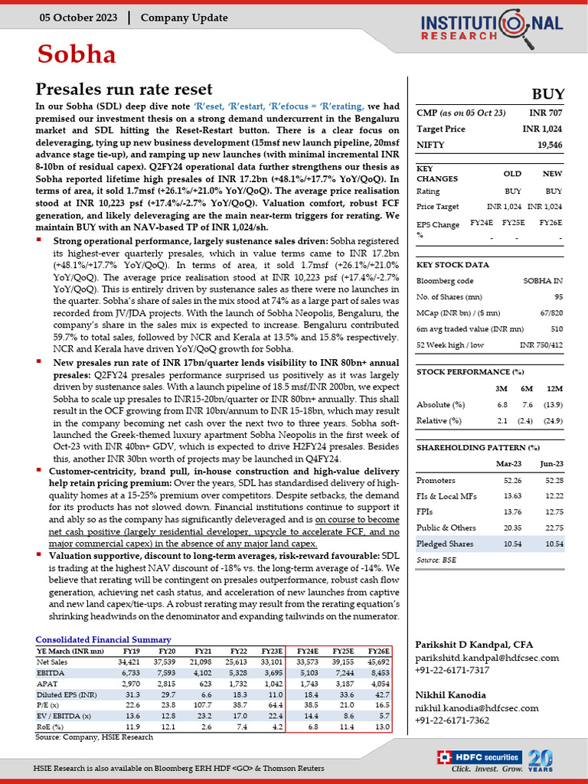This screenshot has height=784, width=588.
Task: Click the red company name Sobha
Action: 77,54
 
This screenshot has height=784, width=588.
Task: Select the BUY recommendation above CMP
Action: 547,93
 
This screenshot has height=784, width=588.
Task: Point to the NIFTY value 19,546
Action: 550,144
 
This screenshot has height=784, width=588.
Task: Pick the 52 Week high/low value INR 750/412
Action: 541,344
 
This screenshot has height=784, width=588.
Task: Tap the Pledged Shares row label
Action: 444,543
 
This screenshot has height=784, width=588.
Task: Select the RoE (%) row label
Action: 51,726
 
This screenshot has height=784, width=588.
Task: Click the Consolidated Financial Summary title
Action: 103,639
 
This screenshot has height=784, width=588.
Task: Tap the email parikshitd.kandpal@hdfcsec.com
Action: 486,658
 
